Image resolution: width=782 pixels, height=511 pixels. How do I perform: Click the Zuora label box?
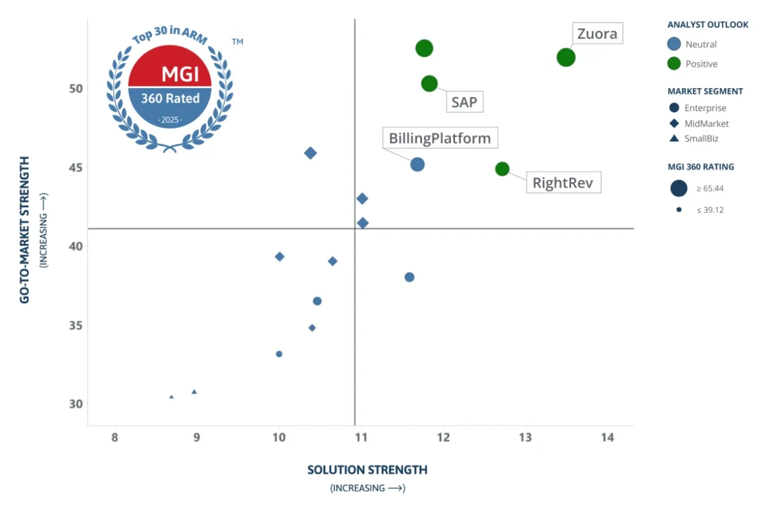597,34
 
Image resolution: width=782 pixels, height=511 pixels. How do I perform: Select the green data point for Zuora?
566,57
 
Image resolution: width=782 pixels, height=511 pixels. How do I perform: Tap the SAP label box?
464,102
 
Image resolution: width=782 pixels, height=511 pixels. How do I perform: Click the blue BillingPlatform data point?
417,164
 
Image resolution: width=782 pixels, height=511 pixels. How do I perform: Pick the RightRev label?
563,183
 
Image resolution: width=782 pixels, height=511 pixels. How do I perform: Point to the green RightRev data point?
502,169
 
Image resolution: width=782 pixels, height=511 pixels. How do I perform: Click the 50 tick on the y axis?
75,89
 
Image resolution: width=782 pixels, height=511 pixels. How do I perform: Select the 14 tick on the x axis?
607,438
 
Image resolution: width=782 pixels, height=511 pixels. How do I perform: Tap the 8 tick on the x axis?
115,438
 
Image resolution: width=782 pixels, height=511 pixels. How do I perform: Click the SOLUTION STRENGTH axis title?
367,469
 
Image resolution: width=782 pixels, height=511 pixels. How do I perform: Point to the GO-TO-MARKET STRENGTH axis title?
25,230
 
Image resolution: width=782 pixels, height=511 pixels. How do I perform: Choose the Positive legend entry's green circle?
674,64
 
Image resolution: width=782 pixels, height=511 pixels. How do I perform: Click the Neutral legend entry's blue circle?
674,44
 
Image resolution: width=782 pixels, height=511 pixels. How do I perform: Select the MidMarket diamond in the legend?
674,123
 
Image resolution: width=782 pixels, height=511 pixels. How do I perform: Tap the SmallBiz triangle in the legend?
674,139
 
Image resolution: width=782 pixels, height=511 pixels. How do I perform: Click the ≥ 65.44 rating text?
710,188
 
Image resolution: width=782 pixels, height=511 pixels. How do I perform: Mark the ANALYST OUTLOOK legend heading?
707,25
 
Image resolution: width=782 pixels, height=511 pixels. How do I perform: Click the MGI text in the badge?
180,74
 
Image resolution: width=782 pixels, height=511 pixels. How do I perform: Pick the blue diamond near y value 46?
310,153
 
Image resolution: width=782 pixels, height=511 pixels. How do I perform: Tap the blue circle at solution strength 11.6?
409,277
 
